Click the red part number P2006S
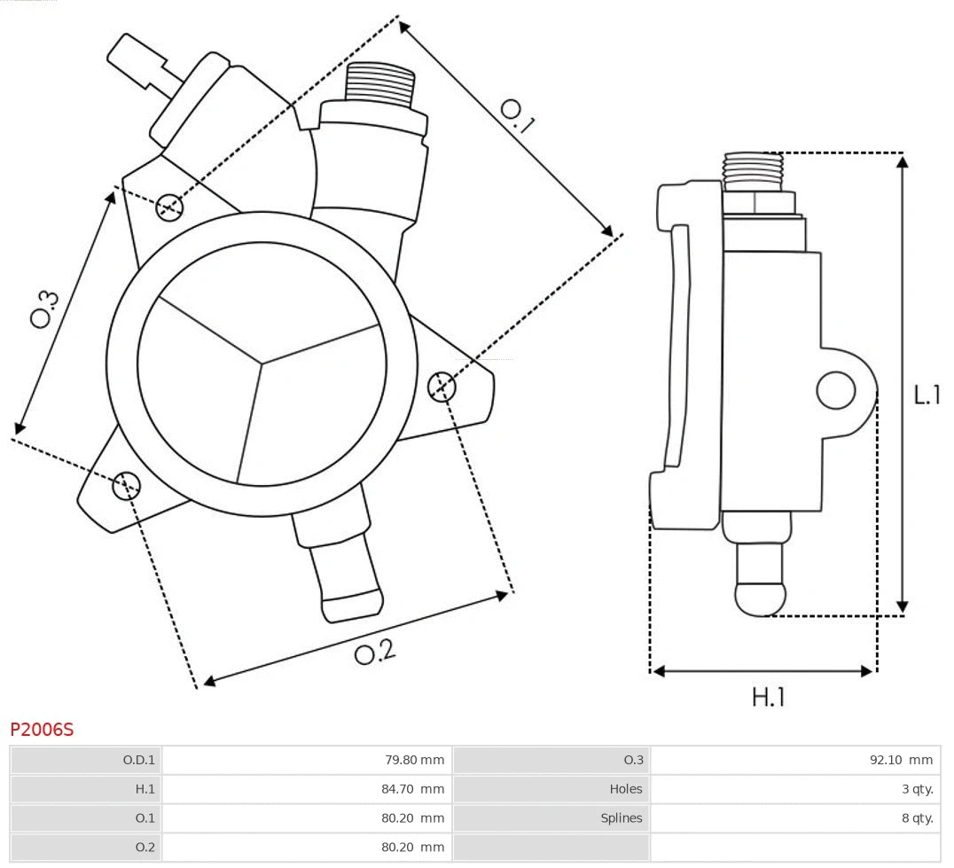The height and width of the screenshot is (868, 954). pyautogui.click(x=42, y=730)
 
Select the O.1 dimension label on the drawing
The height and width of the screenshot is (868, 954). pyautogui.click(x=518, y=115)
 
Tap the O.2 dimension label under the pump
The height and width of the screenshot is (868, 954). pyautogui.click(x=375, y=653)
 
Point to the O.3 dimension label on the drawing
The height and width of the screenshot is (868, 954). pyautogui.click(x=45, y=308)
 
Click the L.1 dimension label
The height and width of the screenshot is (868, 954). pyautogui.click(x=927, y=395)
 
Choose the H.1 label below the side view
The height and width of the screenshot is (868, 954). pyautogui.click(x=768, y=697)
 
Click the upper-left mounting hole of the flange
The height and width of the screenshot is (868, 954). pyautogui.click(x=169, y=207)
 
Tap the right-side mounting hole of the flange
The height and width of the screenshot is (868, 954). pyautogui.click(x=442, y=387)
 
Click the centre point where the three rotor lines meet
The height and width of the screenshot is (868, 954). pyautogui.click(x=262, y=362)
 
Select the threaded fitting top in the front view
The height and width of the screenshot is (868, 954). pyautogui.click(x=380, y=83)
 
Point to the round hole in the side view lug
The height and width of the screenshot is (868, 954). pyautogui.click(x=835, y=390)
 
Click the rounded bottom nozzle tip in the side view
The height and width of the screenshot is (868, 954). pyautogui.click(x=761, y=598)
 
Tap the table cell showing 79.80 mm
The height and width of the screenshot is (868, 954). pyautogui.click(x=413, y=760)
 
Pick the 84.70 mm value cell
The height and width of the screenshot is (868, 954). pyautogui.click(x=413, y=789)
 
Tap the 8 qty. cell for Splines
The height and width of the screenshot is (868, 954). pyautogui.click(x=917, y=817)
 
